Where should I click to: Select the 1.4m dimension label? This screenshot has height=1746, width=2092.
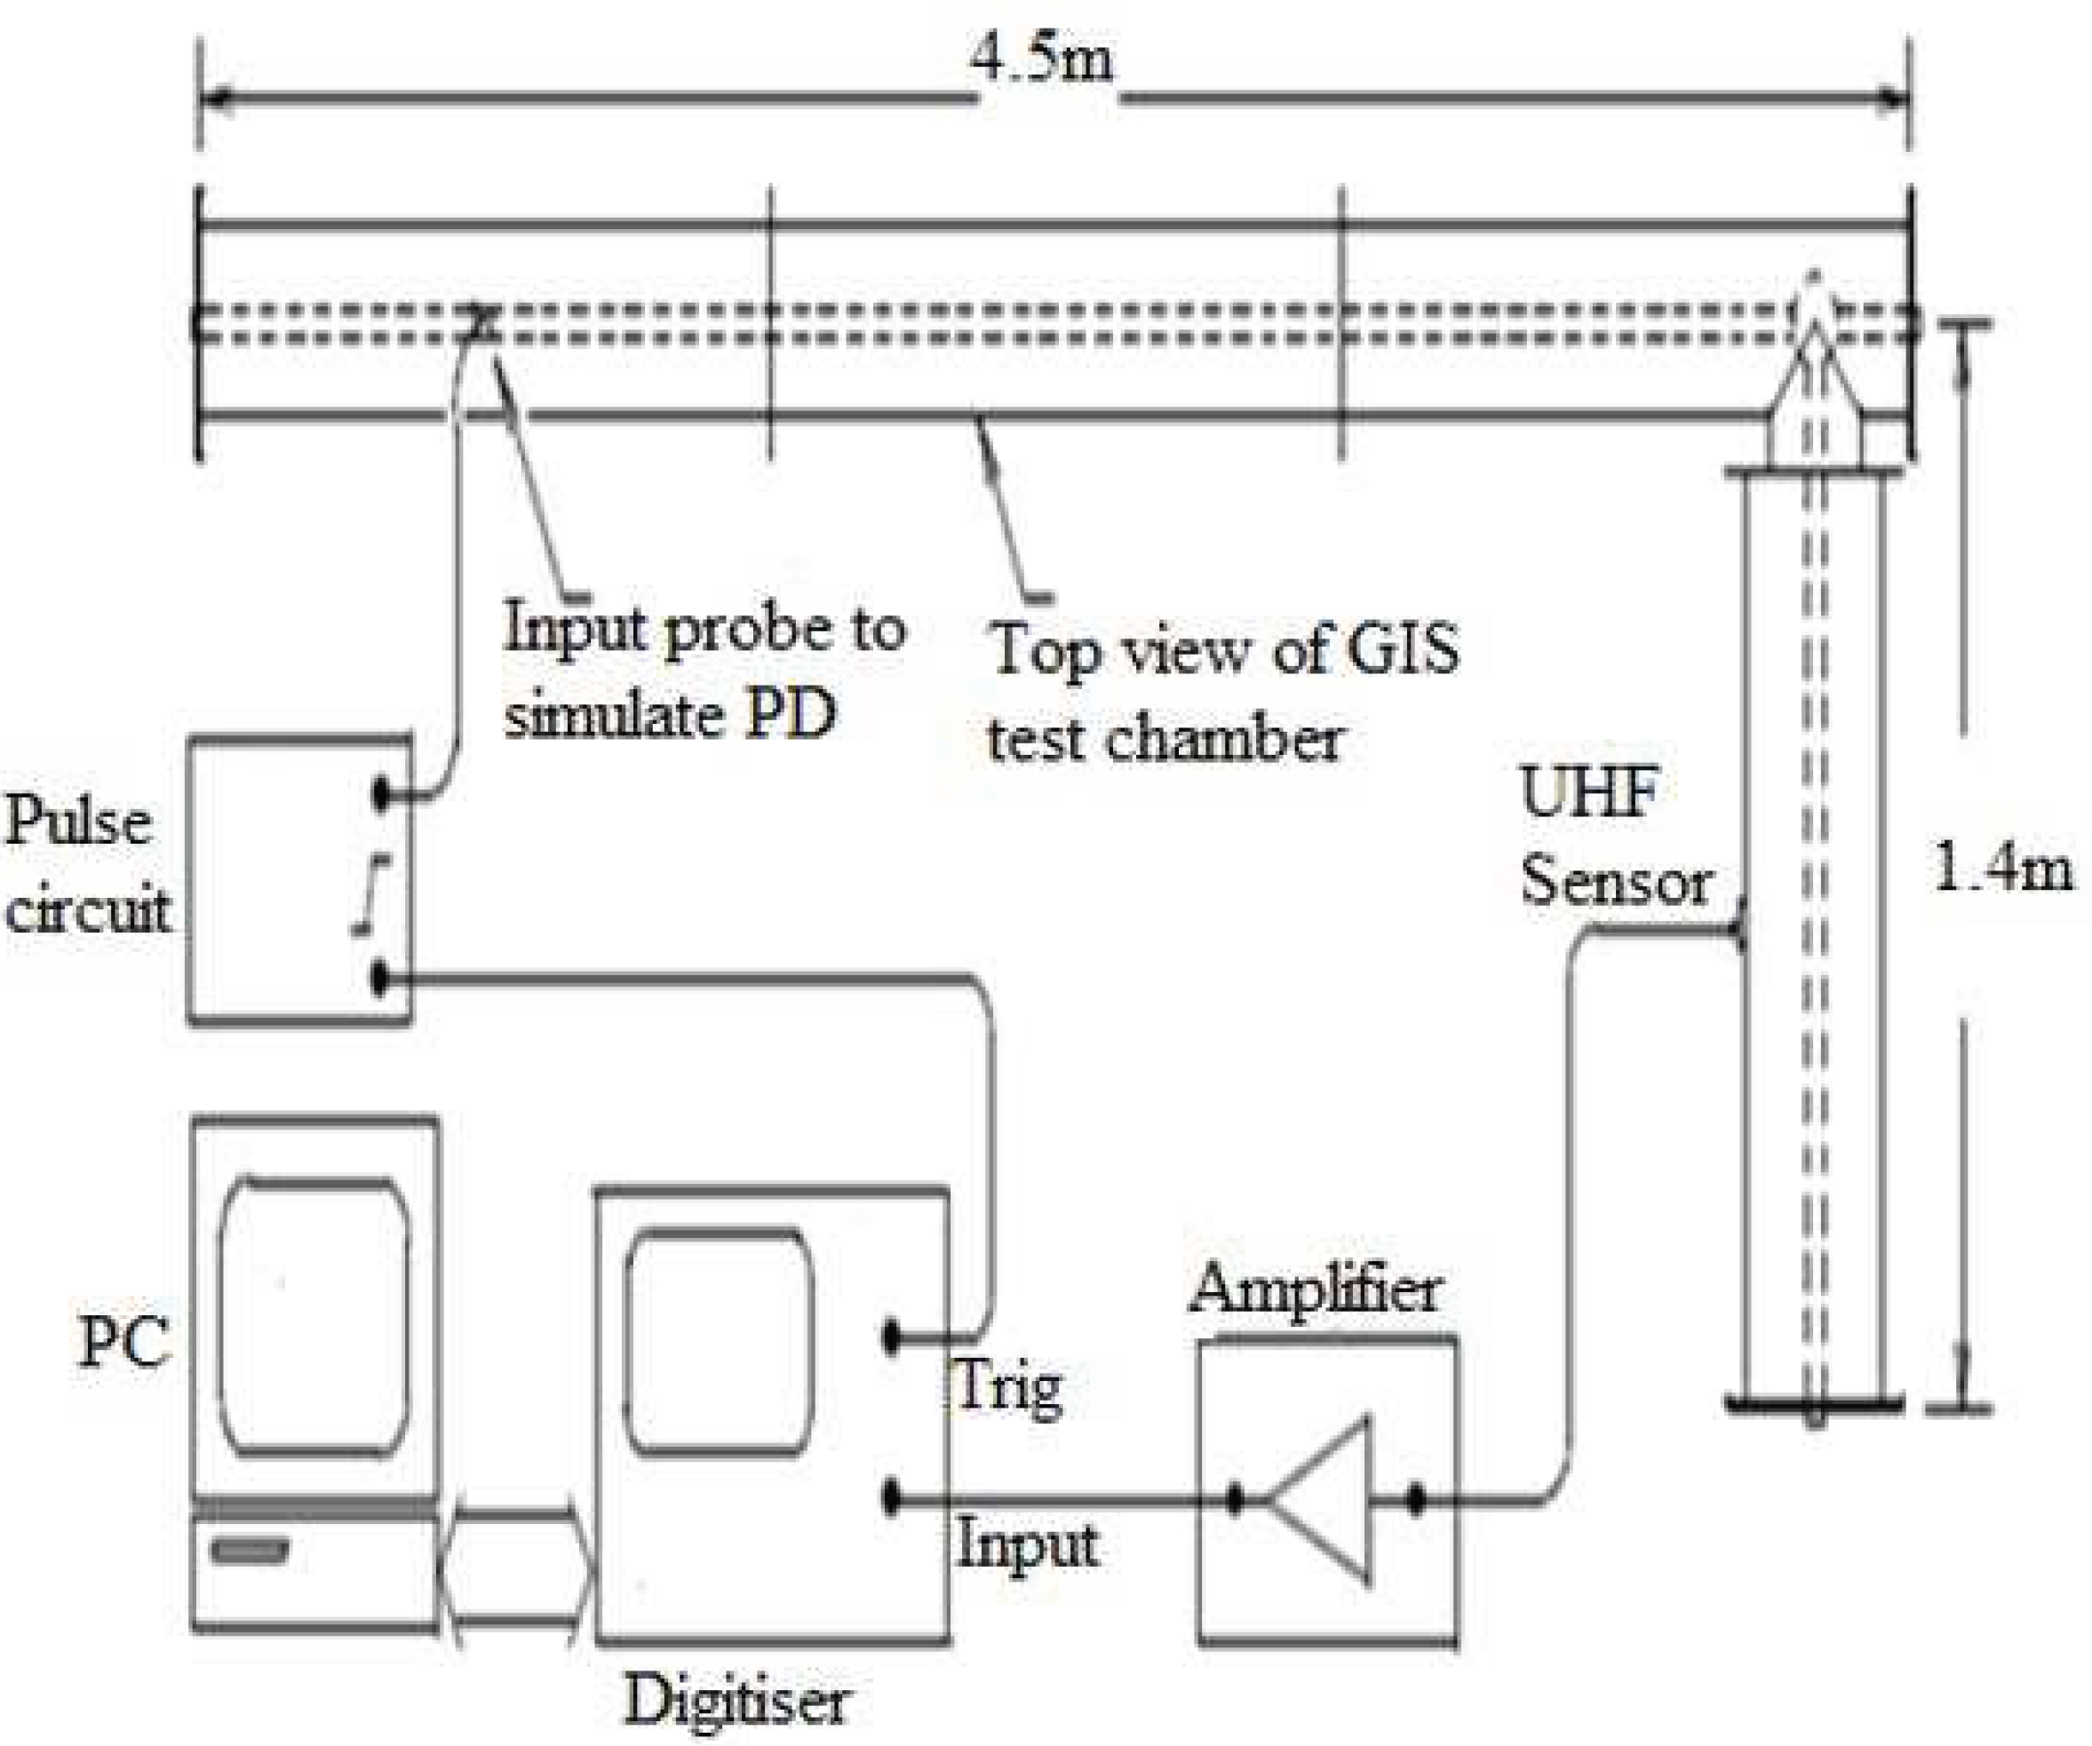click(x=2002, y=869)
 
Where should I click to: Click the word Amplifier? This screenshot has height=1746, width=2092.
click(x=1315, y=1290)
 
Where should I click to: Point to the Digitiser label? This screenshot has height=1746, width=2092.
click(x=736, y=1699)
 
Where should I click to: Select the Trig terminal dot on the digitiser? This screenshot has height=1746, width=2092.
click(x=892, y=1337)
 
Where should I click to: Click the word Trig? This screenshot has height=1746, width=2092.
click(x=1008, y=1387)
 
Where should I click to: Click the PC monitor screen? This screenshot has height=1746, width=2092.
click(x=314, y=1317)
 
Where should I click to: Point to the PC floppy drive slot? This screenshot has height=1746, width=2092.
click(x=249, y=1551)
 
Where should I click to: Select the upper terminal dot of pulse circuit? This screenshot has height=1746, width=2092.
click(x=380, y=795)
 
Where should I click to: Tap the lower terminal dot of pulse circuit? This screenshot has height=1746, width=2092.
click(x=380, y=979)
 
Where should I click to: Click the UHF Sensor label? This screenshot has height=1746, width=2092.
click(x=1614, y=837)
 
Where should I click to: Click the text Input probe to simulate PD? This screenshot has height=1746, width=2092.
click(x=703, y=671)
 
